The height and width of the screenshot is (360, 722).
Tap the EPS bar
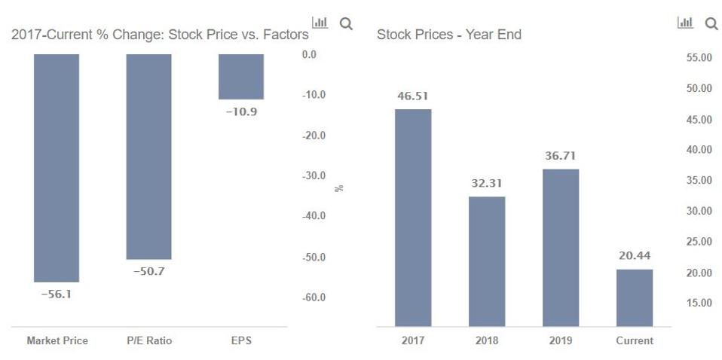241,76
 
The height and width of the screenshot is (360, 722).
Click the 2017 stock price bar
413,217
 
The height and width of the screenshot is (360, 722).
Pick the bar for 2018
487,261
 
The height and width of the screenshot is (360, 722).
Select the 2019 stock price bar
561,247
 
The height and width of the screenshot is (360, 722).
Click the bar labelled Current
635,297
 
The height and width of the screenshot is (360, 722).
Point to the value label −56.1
57,294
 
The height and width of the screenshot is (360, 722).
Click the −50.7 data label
148,271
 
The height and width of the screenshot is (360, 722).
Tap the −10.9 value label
241,111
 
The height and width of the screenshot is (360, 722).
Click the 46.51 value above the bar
413,96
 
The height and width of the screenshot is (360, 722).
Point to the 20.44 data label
635,256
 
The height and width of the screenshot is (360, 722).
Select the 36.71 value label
561,156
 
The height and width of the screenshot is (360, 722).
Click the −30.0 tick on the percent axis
314,175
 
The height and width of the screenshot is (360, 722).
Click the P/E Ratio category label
149,340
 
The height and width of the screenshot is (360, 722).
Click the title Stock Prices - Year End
449,35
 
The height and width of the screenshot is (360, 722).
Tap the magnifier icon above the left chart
346,23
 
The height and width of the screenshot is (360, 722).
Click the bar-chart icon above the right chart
685,23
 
